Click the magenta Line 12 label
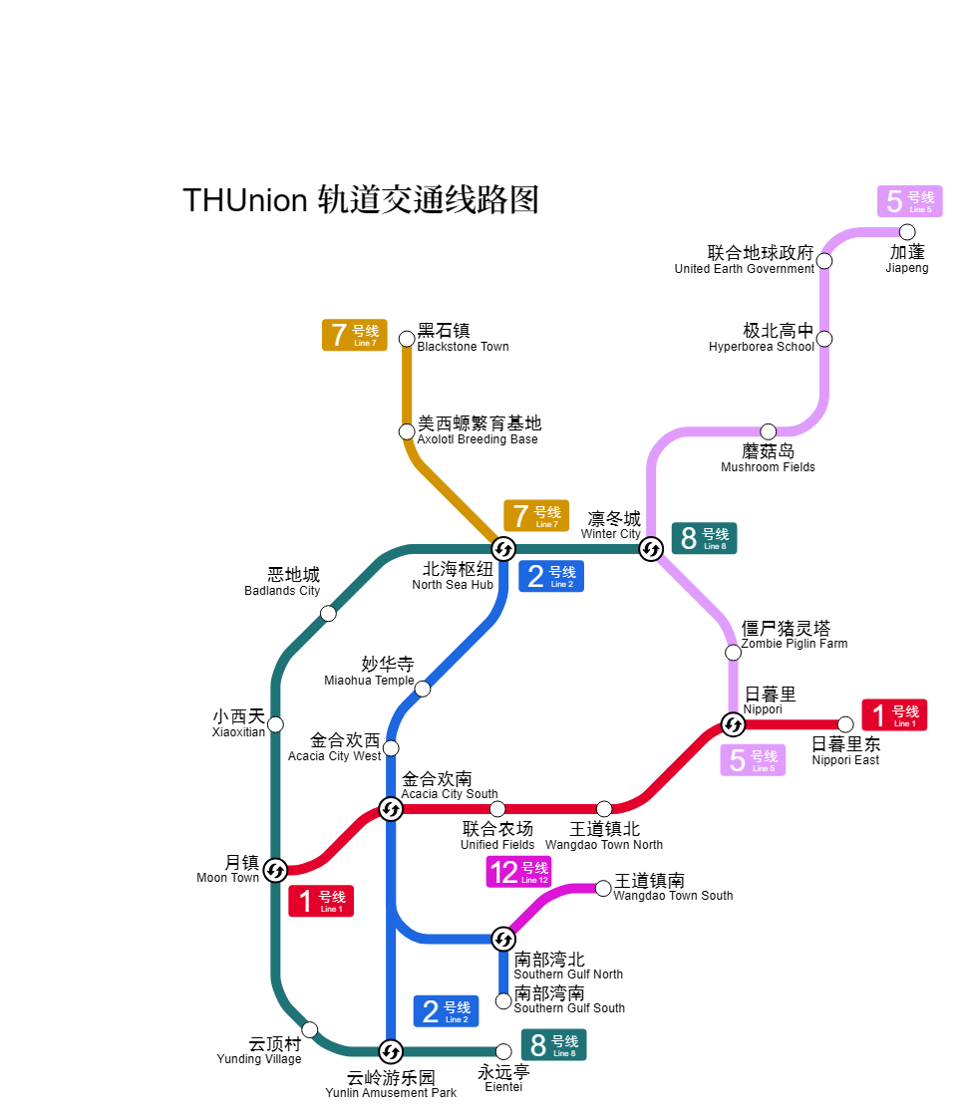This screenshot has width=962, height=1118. click(x=518, y=872)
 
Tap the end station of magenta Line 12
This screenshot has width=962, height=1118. click(x=603, y=888)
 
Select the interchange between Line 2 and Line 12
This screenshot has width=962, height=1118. click(x=503, y=939)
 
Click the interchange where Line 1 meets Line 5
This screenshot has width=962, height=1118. click(x=733, y=724)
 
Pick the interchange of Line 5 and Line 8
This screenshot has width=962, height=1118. click(x=651, y=549)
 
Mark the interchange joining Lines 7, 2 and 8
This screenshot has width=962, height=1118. click(x=503, y=549)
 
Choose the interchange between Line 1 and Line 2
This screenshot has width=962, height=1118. click(x=391, y=809)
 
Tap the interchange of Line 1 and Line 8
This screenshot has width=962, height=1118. click(x=275, y=870)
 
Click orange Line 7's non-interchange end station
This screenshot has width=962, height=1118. click(x=407, y=339)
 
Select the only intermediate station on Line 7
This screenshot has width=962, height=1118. click(x=407, y=431)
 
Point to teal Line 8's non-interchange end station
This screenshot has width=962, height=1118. click(x=503, y=1051)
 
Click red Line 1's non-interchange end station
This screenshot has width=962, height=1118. click(x=845, y=724)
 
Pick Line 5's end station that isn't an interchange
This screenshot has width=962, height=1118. click(x=907, y=232)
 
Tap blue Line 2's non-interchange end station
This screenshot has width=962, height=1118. click(x=503, y=1000)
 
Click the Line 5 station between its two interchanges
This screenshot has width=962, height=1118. click(x=733, y=653)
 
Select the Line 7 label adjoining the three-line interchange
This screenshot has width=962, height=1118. click(x=536, y=516)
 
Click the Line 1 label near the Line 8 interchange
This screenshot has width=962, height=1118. click(x=321, y=901)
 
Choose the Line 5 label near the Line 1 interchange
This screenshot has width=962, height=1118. click(x=753, y=759)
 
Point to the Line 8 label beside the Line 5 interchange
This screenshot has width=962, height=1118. click(x=704, y=538)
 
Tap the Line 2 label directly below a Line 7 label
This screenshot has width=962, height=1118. click(x=550, y=576)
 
